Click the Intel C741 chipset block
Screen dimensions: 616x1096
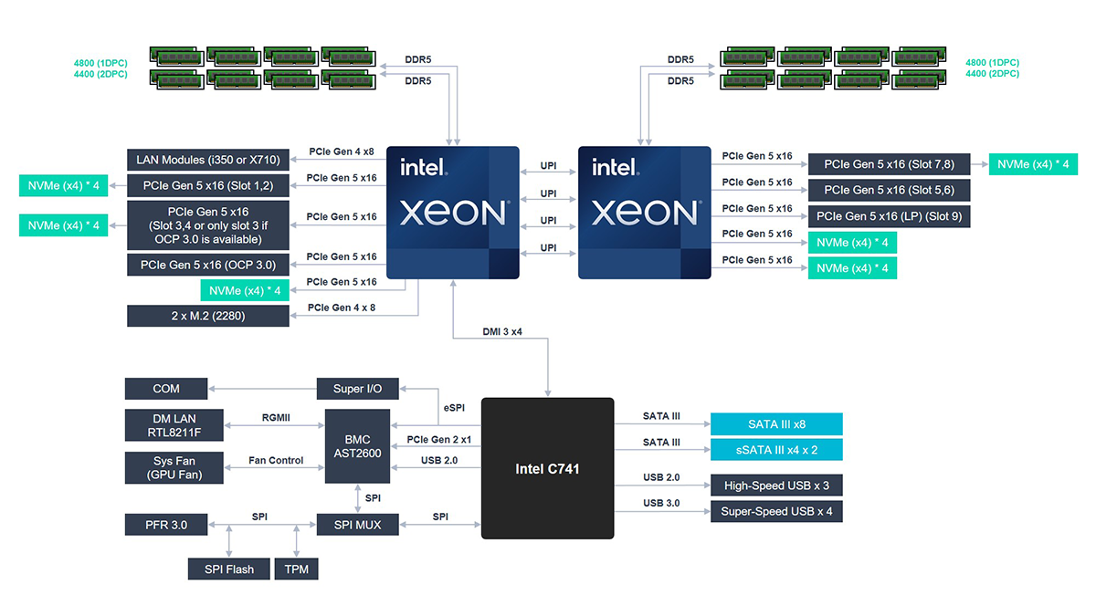[x=547, y=468]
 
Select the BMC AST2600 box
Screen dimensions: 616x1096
[x=357, y=446]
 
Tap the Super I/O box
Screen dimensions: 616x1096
[x=357, y=389]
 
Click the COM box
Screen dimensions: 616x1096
[x=166, y=389]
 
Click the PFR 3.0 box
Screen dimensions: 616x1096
[x=166, y=525]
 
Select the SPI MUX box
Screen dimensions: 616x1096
[x=357, y=525]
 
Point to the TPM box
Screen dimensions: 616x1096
[x=296, y=569]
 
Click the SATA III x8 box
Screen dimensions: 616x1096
[x=776, y=424]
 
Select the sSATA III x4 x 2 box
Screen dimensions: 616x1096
[x=776, y=449]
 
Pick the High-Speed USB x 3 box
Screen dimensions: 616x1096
[x=776, y=485]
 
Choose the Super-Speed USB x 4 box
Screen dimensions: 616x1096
[x=776, y=511]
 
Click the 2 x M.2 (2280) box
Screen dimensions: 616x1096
[x=207, y=316]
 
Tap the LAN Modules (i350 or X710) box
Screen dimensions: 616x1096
[x=207, y=160]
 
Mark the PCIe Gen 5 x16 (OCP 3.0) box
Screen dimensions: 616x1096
[x=207, y=265]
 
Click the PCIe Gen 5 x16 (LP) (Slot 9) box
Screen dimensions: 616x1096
[x=889, y=216]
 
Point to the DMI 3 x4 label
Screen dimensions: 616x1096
[x=502, y=331]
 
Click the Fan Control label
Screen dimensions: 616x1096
[x=276, y=461]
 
